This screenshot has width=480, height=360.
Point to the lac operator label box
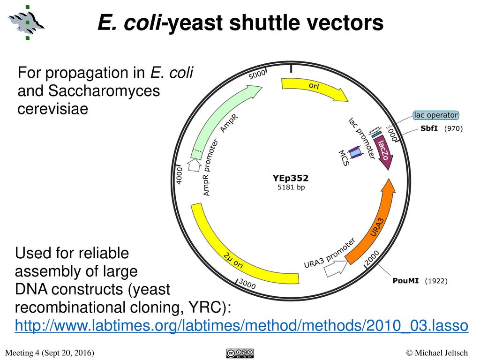(435, 115)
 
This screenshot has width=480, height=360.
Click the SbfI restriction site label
(429, 129)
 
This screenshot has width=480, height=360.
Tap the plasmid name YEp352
(291, 178)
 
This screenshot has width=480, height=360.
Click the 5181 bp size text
(291, 187)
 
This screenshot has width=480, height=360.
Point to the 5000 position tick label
(257, 74)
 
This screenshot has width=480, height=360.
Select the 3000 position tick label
(247, 284)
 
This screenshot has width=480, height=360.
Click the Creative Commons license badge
(239, 352)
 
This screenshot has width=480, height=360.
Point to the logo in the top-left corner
(27, 21)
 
